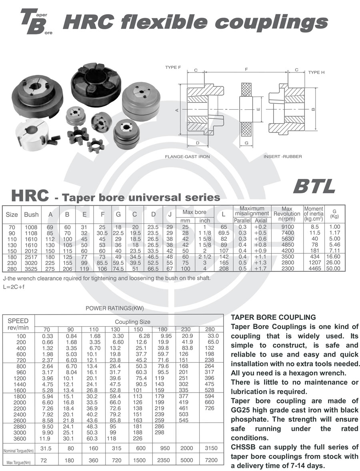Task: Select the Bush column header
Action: (x=31, y=214)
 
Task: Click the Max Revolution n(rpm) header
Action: (x=287, y=214)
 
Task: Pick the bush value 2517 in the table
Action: (x=31, y=257)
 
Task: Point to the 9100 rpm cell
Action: (x=287, y=227)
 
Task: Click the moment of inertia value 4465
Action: (x=314, y=269)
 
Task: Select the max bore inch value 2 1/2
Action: (x=204, y=257)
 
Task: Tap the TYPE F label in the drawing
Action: (x=173, y=68)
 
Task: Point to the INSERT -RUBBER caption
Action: (x=282, y=156)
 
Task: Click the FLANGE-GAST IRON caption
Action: (x=187, y=156)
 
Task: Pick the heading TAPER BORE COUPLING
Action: (x=273, y=317)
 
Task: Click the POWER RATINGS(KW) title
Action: (x=115, y=308)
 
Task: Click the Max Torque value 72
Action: (x=44, y=461)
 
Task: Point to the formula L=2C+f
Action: (x=14, y=287)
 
